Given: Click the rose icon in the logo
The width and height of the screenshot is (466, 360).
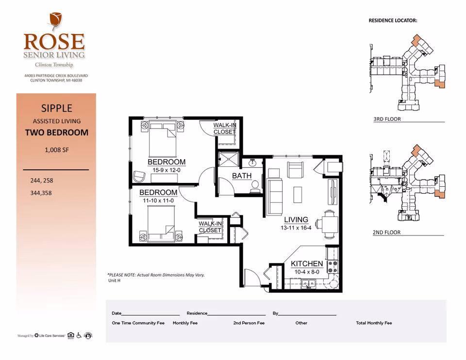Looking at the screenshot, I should click(x=55, y=22).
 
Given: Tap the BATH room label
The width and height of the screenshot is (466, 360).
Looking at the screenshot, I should click(x=242, y=176).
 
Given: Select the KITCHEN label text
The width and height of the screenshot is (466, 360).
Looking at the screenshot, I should click(x=307, y=263).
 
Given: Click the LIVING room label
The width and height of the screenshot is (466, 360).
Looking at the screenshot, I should click(x=296, y=220).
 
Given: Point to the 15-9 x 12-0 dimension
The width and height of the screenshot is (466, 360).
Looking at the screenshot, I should click(x=166, y=170).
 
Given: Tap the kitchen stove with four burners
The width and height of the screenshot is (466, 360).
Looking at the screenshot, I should click(x=333, y=266).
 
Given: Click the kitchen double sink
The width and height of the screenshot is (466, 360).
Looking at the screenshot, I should click(x=309, y=284).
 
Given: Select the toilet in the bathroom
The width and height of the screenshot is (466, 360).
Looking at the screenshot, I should click(x=255, y=187).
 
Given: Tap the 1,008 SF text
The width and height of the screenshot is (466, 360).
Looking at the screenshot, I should click(x=57, y=150).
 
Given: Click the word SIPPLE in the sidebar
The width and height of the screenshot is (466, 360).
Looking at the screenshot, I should click(x=57, y=108).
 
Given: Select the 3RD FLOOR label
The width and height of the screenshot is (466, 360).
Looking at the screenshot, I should click(x=387, y=119).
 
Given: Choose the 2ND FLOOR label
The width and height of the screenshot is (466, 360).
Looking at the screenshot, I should click(x=386, y=232).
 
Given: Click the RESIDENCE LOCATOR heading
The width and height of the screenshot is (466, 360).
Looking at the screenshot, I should click(x=393, y=20).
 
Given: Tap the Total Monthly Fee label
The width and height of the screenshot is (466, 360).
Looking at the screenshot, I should click(x=374, y=323).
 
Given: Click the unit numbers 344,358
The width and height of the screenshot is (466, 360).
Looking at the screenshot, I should click(x=41, y=193).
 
